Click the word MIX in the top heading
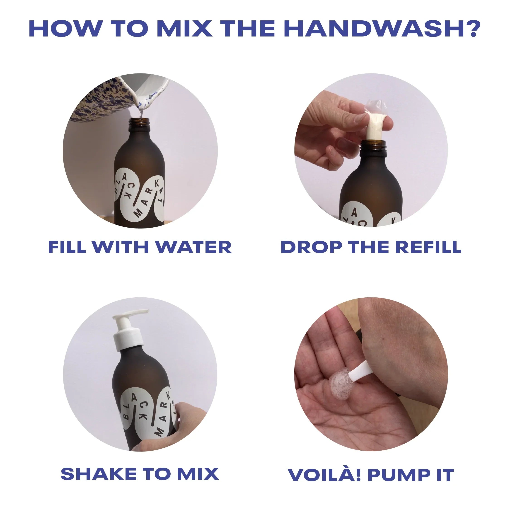coord(184,28)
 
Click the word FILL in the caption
coord(67,247)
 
